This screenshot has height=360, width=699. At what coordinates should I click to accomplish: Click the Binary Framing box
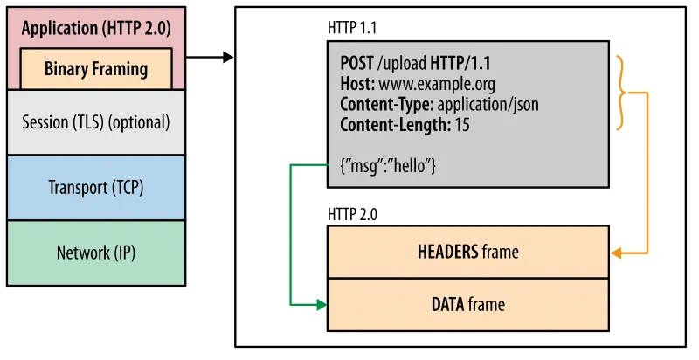96,69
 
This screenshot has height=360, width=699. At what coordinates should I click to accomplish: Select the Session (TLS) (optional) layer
95,121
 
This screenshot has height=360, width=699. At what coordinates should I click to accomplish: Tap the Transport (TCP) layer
95,187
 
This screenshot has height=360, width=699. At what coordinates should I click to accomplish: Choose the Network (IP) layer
95,253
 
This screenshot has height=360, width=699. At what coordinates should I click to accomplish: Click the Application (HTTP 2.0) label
95,28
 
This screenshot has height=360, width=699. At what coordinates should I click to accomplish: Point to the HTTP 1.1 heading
352,29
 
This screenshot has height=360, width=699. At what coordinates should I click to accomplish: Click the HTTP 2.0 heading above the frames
352,213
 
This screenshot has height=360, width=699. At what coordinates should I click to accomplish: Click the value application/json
487,105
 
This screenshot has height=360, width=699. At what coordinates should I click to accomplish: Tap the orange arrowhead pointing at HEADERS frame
616,253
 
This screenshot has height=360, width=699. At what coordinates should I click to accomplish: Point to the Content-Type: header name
384,105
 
